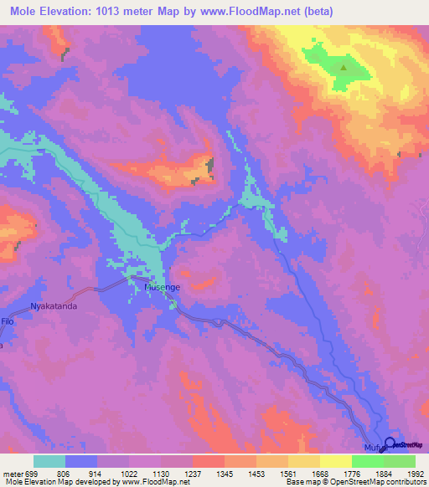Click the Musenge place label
coord(162,287)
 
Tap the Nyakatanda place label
coord(54,306)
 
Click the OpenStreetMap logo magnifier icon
coord(390,445)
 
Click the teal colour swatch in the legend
coord(49,461)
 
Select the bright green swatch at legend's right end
coord(400,461)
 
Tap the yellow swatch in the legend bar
coord(336,461)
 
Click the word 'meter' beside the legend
coord(13,474)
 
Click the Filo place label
coord(8,320)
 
